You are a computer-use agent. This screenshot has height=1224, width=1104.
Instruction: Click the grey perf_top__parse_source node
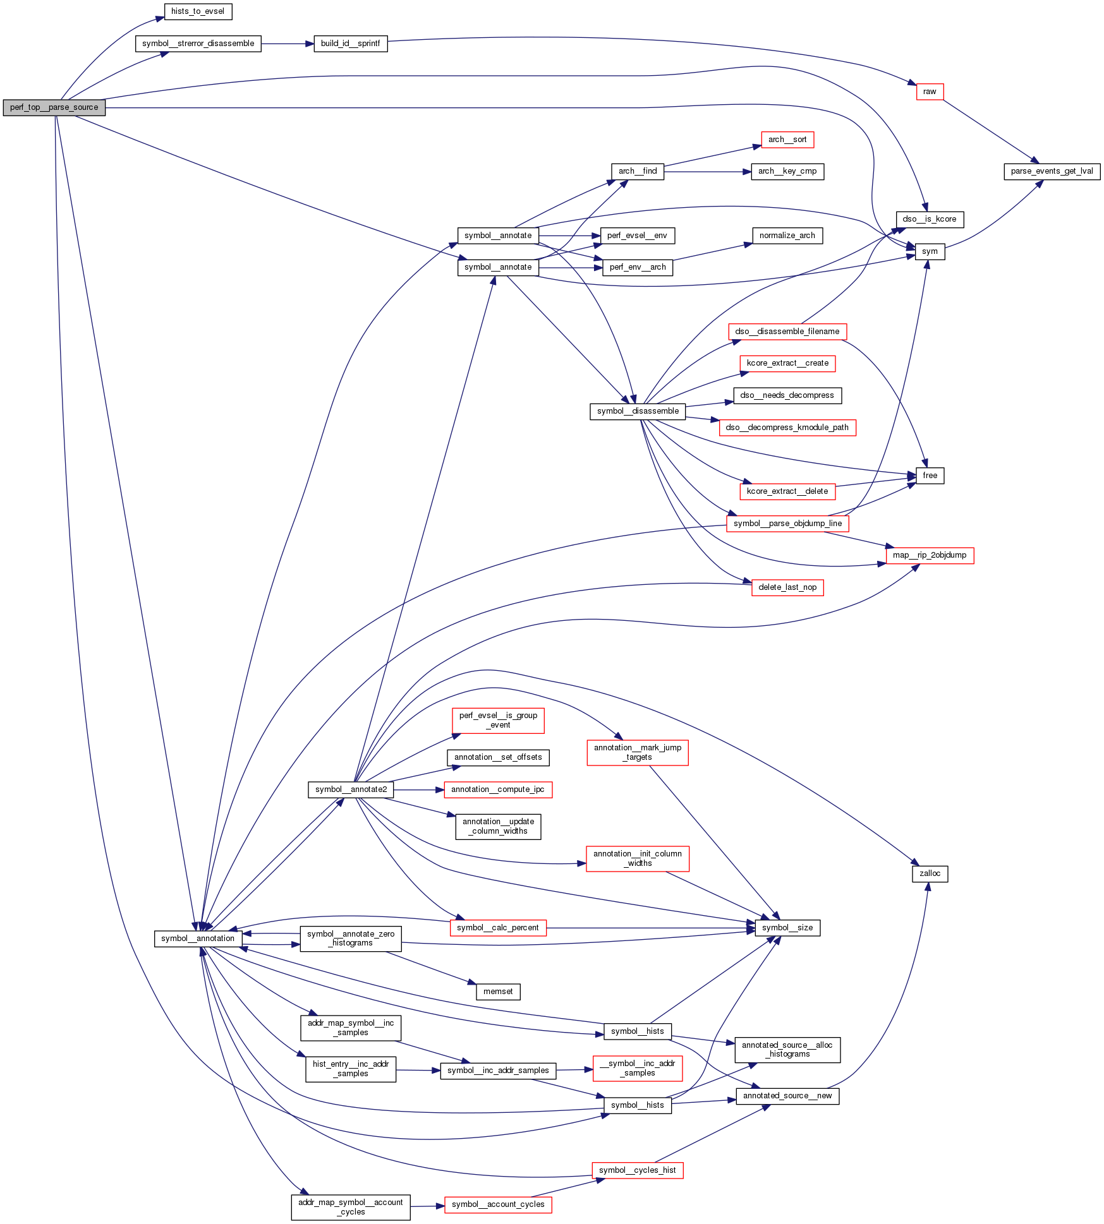click(54, 107)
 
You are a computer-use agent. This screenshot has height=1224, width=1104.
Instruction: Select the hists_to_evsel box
click(197, 11)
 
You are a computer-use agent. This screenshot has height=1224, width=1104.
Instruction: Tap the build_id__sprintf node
click(350, 44)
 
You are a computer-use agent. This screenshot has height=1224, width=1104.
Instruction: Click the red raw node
click(929, 92)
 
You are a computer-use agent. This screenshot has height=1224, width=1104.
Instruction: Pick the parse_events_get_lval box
click(1052, 171)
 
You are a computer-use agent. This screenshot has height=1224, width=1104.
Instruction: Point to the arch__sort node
click(787, 140)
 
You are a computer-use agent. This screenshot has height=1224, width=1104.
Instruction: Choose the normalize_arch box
click(787, 236)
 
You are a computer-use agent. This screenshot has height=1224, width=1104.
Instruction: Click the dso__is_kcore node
click(929, 219)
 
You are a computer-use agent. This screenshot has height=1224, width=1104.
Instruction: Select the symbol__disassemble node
click(637, 411)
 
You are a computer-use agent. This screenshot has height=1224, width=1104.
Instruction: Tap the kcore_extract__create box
click(787, 363)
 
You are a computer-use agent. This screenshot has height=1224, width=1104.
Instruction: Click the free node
click(929, 476)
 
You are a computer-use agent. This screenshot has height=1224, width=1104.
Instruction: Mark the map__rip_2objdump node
click(929, 555)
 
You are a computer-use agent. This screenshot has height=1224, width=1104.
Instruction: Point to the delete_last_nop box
click(787, 587)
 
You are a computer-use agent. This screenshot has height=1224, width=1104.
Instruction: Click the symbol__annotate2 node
click(350, 789)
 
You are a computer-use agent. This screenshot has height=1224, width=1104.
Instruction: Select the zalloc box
click(929, 873)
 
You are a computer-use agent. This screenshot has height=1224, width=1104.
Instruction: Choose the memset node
click(497, 992)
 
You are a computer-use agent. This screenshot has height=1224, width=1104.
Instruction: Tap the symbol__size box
click(787, 928)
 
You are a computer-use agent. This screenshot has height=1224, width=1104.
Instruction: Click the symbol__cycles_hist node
click(637, 1170)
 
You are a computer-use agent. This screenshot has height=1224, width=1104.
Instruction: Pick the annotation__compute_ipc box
click(497, 789)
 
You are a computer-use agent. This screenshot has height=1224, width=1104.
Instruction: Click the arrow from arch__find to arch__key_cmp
click(707, 171)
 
